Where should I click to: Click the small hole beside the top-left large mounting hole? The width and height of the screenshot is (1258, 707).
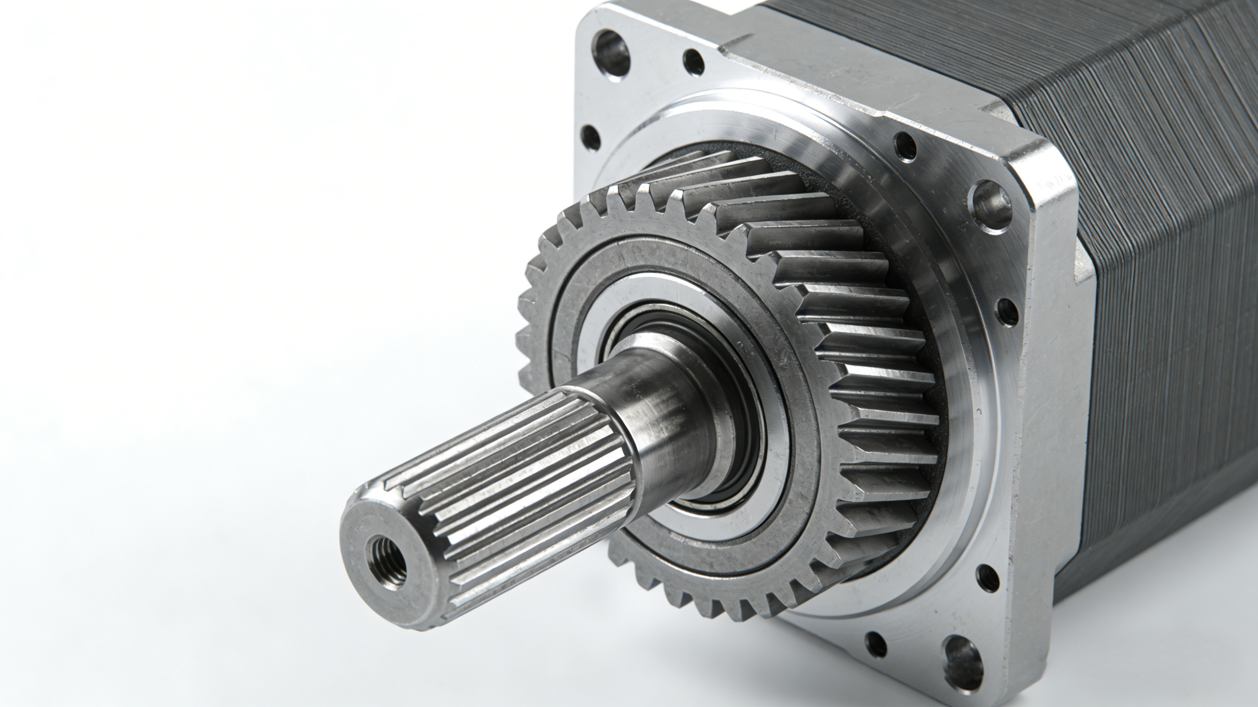click(x=694, y=62)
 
